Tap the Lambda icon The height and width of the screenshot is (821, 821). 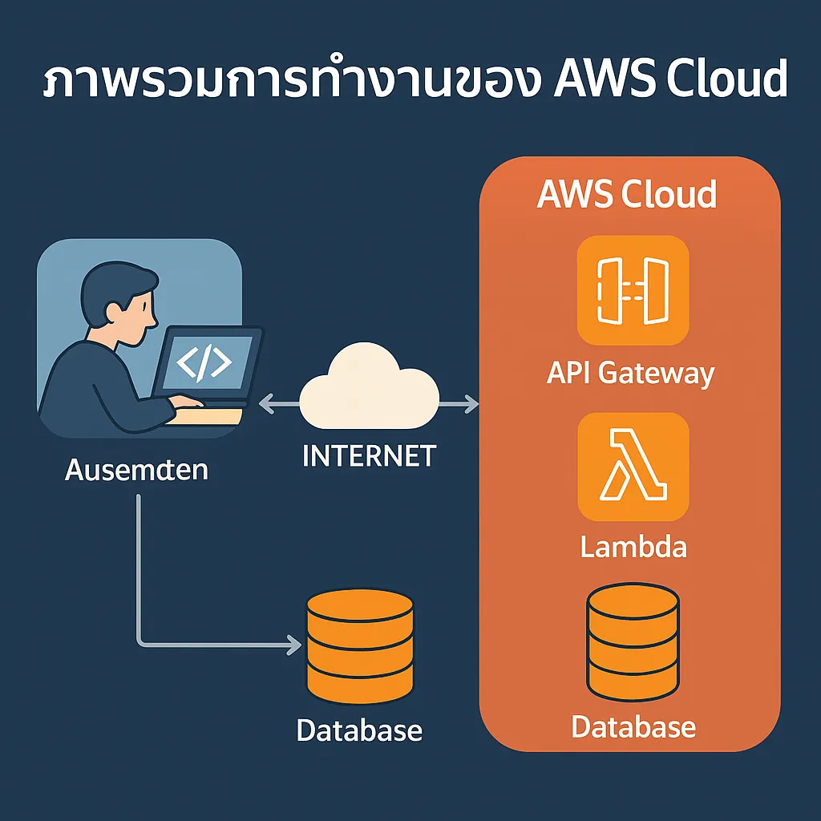pyautogui.click(x=633, y=467)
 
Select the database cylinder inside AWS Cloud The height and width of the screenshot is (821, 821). pyautogui.click(x=633, y=642)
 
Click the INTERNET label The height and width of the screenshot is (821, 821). pyautogui.click(x=369, y=455)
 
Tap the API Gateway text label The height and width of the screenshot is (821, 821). pyautogui.click(x=631, y=373)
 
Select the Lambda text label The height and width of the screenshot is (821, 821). pyautogui.click(x=633, y=547)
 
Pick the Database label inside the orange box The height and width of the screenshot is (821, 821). pyautogui.click(x=633, y=726)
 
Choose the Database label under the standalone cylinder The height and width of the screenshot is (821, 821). pyautogui.click(x=359, y=730)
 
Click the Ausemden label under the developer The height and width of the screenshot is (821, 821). pyautogui.click(x=136, y=469)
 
